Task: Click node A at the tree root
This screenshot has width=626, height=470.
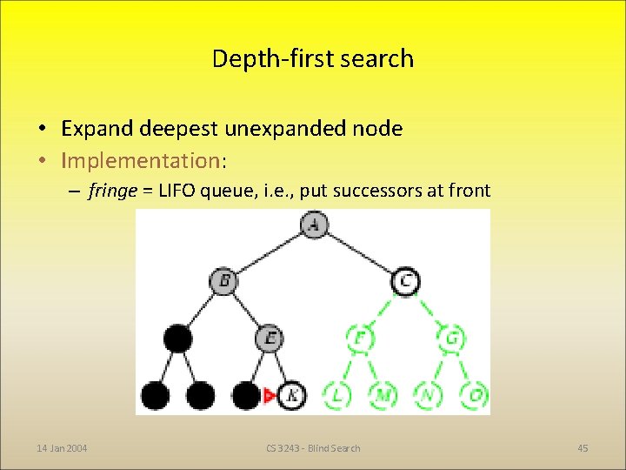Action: click(313, 225)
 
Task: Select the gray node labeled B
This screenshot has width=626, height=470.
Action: click(223, 281)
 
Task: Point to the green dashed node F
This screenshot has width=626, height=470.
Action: click(359, 338)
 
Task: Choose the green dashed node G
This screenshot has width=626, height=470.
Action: click(450, 338)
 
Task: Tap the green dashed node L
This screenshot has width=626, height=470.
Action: click(336, 396)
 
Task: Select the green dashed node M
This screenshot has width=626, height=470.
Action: click(382, 396)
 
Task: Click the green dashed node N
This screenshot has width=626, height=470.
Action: click(427, 396)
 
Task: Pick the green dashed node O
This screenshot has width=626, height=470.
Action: click(474, 396)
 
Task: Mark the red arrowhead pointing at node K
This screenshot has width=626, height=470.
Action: click(270, 396)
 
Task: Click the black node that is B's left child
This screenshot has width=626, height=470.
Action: click(177, 338)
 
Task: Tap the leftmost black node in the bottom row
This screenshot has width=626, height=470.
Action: click(155, 396)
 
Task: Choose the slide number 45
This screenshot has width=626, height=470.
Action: click(583, 448)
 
